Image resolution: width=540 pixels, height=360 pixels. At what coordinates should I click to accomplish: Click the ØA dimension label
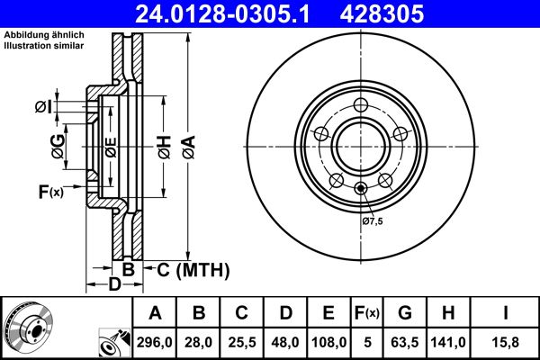[188, 143]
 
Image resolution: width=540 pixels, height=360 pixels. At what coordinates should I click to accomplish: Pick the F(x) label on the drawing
[50, 191]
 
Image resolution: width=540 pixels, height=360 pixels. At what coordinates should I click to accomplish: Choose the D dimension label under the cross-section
[113, 285]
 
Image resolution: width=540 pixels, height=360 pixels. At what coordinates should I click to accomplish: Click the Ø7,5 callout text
[373, 221]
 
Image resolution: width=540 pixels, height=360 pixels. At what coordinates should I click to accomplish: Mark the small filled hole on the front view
[360, 188]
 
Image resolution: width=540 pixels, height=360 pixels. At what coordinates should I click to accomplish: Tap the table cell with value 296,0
[156, 342]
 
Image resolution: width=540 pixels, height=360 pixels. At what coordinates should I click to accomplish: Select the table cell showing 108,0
[328, 342]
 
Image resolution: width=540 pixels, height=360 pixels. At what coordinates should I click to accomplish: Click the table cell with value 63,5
[405, 342]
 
